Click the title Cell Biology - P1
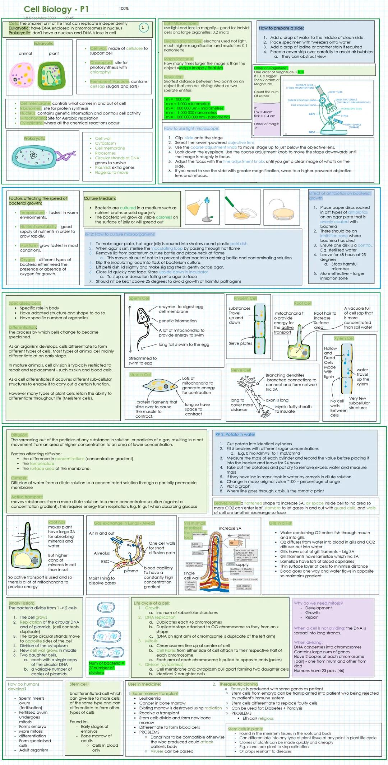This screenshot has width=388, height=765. coord(56,9)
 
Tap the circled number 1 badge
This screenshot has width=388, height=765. coord(143,27)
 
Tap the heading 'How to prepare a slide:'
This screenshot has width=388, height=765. coord(281,28)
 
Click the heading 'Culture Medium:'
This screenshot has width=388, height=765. coord(100,198)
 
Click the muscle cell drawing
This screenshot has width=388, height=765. coord(160,386)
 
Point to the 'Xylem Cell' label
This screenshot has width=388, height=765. coord(344,338)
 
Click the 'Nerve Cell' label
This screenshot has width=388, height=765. coord(241,370)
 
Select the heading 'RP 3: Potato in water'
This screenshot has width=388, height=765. coord(235,434)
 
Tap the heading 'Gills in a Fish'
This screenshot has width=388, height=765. coord(281,523)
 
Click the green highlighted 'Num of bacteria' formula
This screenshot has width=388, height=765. coord(107,668)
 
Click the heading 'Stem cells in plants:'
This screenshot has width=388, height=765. coord(246,729)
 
